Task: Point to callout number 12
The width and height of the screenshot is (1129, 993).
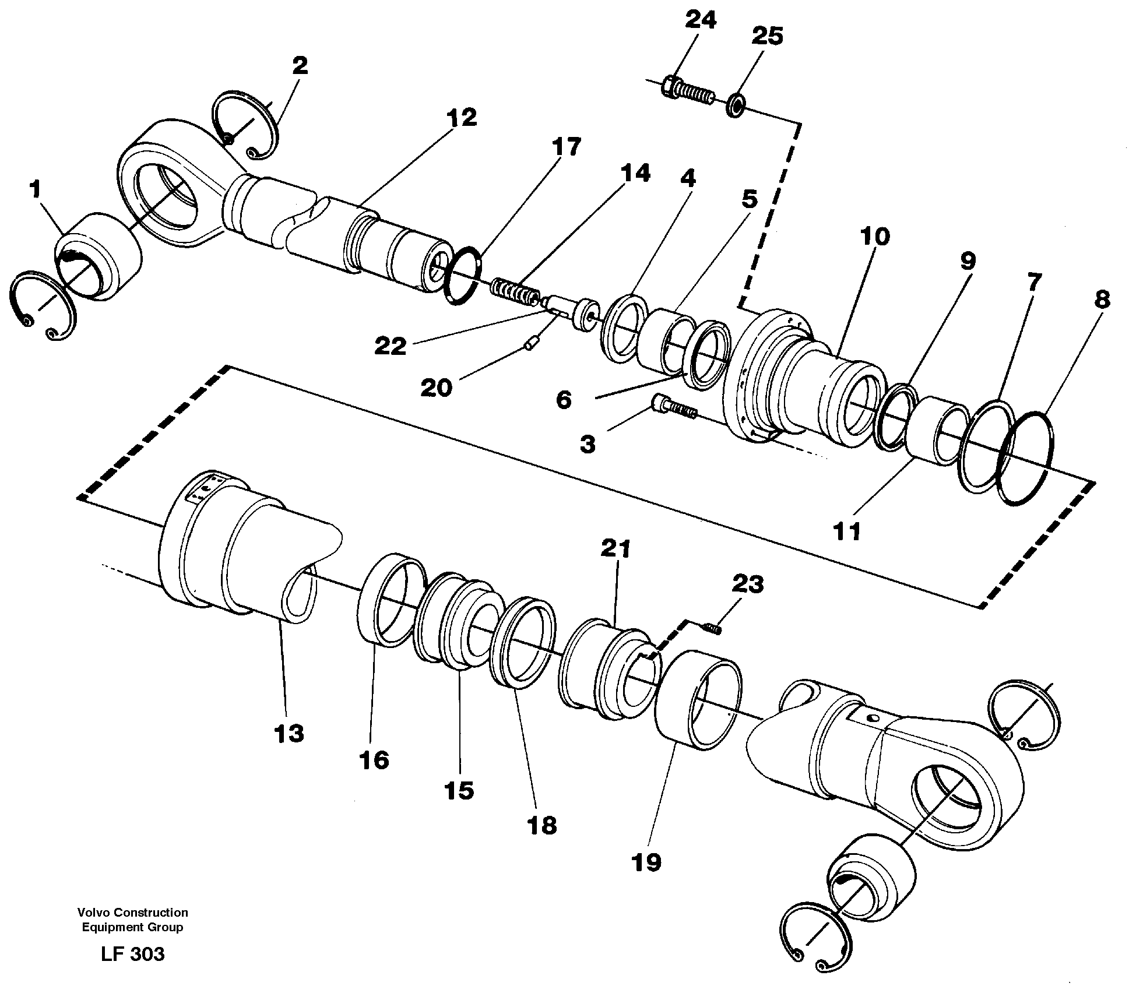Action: (462, 118)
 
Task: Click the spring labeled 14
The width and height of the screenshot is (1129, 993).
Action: (515, 291)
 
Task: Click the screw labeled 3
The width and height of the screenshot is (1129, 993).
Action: (674, 406)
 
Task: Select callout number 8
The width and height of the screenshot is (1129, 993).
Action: (1102, 301)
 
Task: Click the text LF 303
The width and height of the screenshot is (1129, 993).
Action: (133, 954)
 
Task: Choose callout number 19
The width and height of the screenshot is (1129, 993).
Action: (646, 862)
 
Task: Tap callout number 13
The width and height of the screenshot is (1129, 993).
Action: (289, 734)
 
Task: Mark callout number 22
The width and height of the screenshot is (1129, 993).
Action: (390, 347)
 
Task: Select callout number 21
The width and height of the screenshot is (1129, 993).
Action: (616, 549)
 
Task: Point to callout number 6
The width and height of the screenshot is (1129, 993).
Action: (564, 400)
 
